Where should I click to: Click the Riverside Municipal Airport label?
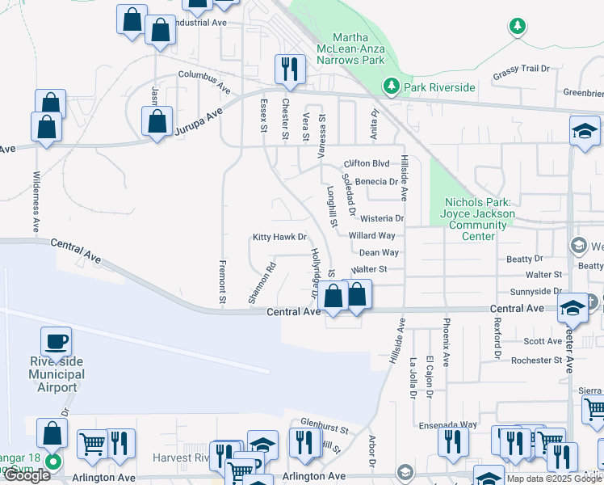(x=57, y=374)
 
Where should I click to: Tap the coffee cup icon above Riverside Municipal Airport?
(x=56, y=342)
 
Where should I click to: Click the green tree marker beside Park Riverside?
(x=392, y=85)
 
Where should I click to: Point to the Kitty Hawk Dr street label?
(x=280, y=238)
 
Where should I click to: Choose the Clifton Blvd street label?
(x=367, y=163)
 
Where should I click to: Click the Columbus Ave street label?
(x=205, y=83)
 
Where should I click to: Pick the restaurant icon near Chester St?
(x=290, y=70)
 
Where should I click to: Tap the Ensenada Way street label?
(x=447, y=424)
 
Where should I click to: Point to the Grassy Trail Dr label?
(x=522, y=69)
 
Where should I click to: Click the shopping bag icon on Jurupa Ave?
(x=157, y=122)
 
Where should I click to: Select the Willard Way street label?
(x=372, y=236)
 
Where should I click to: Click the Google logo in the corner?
(x=26, y=475)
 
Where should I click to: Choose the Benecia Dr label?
(x=371, y=182)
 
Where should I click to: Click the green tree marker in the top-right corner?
(x=518, y=27)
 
